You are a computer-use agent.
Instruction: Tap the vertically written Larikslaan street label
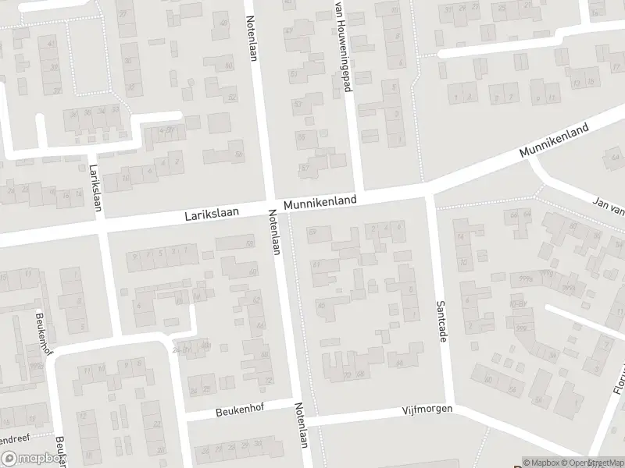click(95, 182)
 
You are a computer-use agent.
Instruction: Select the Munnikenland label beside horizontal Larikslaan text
click(320, 201)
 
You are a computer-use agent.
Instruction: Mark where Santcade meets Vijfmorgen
click(450, 406)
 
